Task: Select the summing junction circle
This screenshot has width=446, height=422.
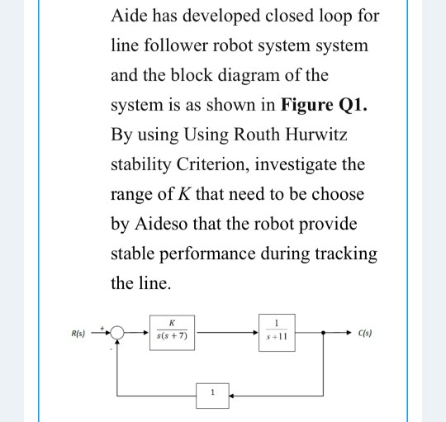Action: click(119, 334)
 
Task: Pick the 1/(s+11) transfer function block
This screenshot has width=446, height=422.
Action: click(278, 331)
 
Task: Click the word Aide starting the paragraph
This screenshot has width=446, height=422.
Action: click(130, 17)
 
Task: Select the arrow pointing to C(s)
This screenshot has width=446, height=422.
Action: click(347, 334)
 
